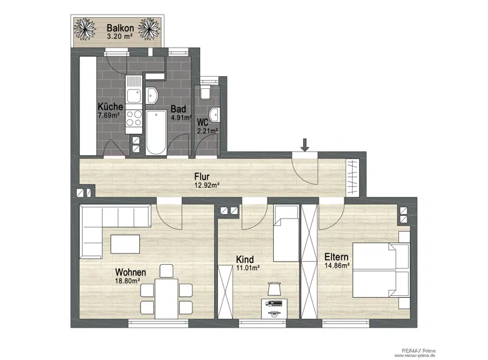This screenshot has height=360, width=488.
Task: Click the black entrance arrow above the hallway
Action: tap(305, 145)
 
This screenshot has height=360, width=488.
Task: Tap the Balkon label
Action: tap(121, 28)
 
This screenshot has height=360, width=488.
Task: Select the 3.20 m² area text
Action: tap(120, 36)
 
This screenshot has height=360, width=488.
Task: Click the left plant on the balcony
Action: tap(85, 29)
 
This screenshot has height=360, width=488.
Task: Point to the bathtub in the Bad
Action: tap(156, 132)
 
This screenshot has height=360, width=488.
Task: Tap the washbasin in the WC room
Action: tap(214, 114)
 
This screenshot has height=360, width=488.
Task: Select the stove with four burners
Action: tap(134, 119)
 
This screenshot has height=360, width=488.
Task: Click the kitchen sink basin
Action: tap(134, 96)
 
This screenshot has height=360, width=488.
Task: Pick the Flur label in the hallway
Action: tap(202, 177)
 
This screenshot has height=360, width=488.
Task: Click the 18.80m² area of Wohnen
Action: tap(127, 281)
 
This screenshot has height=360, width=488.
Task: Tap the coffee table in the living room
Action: tap(125, 244)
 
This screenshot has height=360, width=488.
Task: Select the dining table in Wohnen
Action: tap(166, 298)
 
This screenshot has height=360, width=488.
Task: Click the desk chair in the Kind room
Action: tap(274, 288)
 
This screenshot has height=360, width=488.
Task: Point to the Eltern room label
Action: tap(336, 257)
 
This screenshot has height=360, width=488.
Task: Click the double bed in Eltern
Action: tap(381, 270)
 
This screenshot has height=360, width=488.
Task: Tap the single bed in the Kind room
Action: tap(286, 233)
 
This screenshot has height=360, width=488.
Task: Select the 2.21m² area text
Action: tap(208, 131)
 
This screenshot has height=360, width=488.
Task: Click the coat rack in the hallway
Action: tap(352, 177)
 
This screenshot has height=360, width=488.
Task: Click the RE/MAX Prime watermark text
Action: tap(418, 350)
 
